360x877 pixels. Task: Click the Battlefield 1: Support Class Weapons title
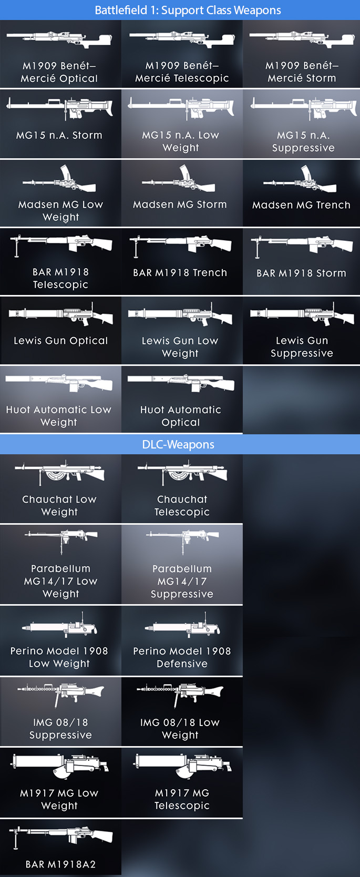188,11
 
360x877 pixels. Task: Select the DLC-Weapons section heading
178,445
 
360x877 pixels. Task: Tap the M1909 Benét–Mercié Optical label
59,72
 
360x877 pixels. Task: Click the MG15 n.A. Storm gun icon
60,108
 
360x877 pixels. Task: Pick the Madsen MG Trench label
301,205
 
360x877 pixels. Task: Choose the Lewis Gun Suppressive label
302,347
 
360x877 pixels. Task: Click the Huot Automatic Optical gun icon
181,382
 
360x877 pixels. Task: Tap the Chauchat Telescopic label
182,506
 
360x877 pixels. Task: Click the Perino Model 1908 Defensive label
182,657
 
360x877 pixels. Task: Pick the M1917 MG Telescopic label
182,799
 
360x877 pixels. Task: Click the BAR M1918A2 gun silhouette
61,836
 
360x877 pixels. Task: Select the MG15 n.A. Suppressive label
303,141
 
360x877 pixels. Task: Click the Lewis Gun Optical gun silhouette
61,314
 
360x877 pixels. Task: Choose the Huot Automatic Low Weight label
59,416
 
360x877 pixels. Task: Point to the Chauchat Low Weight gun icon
60,473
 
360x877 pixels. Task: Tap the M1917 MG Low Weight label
59,799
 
